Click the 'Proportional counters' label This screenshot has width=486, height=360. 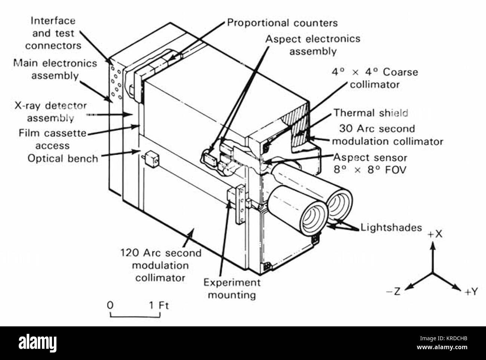282,23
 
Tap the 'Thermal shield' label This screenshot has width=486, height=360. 370,113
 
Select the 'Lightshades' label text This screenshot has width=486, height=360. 391,227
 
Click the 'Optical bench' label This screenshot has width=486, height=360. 63,159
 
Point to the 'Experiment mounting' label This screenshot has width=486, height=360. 232,289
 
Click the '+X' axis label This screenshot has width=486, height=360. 435,234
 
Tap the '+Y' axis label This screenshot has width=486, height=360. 471,292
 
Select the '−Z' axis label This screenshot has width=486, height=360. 393,291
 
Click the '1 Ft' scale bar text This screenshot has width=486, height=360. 159,305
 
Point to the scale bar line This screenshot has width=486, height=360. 135,317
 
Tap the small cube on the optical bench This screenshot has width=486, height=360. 152,159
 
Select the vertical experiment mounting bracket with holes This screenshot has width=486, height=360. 241,204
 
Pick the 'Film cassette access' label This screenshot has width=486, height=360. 53,139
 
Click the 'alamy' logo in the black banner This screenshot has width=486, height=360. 37,343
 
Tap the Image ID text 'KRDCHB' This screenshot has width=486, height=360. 457,339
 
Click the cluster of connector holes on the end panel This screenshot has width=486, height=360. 116,83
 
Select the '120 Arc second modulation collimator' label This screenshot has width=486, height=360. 161,265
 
